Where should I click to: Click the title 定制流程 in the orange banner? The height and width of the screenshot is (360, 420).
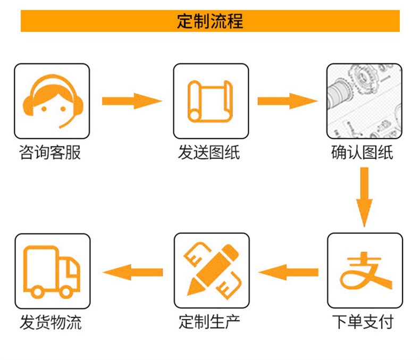click(x=210, y=21)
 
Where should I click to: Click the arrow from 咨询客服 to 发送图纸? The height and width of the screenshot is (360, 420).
click(x=131, y=101)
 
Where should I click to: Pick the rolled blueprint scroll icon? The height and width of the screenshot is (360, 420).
click(x=211, y=101)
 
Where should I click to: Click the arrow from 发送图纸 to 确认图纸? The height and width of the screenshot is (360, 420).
click(x=287, y=101)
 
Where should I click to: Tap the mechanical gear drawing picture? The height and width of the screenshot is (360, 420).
click(x=364, y=101)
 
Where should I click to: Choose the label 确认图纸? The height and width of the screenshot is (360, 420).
click(x=362, y=153)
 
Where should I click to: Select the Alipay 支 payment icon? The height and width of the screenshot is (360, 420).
click(x=364, y=271)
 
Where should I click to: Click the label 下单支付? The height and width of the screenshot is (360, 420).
click(x=363, y=322)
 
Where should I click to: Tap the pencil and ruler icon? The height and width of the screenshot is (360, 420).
click(x=211, y=271)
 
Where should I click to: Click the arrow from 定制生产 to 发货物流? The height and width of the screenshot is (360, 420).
click(x=132, y=271)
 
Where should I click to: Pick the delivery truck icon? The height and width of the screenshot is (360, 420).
click(x=52, y=271)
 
